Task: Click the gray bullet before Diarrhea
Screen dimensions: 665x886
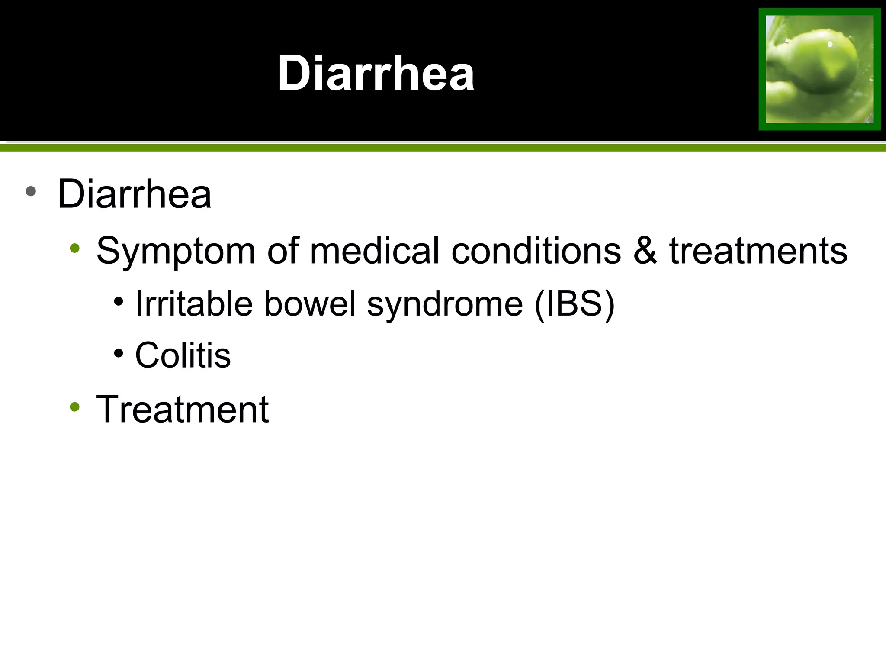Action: click(31, 191)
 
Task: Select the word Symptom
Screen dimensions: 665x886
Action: click(176, 251)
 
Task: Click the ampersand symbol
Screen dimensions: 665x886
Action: click(645, 251)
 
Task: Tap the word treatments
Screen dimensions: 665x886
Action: click(758, 251)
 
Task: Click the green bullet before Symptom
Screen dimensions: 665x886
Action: click(75, 248)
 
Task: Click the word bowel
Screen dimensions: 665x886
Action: click(310, 303)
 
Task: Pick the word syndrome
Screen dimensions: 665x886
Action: click(445, 304)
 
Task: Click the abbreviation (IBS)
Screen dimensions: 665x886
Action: click(575, 303)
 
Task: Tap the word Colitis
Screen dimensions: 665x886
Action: click(183, 355)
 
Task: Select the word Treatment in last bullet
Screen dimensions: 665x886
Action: click(182, 409)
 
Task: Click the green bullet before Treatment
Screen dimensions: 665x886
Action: click(75, 407)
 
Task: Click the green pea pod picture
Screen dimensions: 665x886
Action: click(819, 69)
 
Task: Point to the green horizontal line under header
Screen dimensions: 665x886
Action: click(443, 148)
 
